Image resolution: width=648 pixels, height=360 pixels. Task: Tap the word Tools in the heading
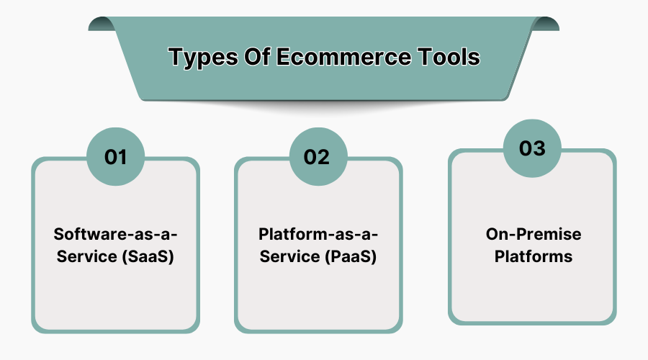(x=448, y=57)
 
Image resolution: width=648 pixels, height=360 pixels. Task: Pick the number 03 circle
(x=532, y=148)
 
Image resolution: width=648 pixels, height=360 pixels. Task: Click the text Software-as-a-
(x=115, y=234)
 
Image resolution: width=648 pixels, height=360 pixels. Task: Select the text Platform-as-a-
(x=318, y=234)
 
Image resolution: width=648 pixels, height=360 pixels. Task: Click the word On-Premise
(x=532, y=234)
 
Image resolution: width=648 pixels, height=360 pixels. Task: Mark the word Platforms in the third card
(x=532, y=256)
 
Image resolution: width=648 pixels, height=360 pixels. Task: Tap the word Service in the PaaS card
(x=287, y=256)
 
